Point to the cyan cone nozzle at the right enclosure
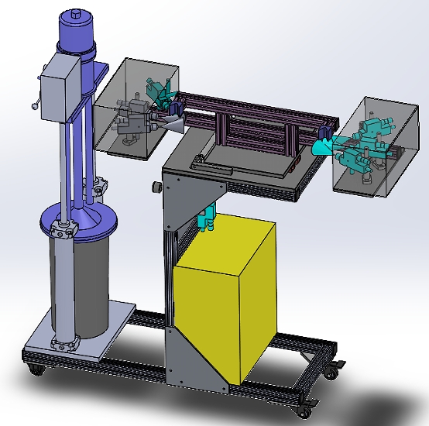[x=322, y=146]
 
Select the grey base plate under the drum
[x=74, y=345]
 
